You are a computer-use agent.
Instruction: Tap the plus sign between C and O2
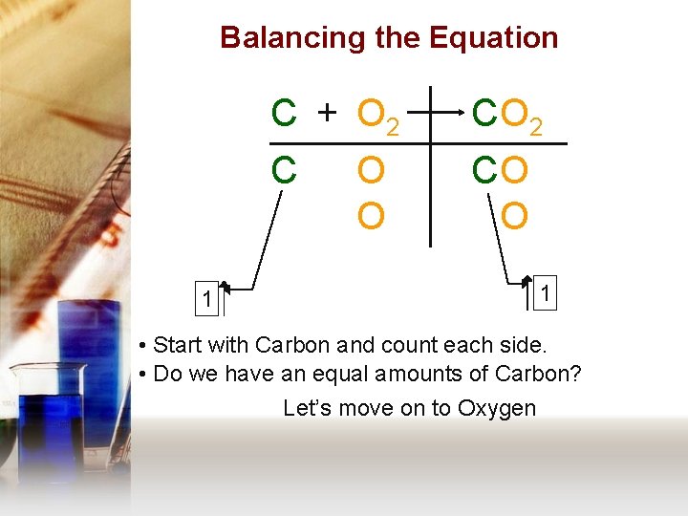coord(327,114)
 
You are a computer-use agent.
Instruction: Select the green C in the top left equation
coord(283,114)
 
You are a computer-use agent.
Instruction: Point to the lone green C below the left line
coord(283,171)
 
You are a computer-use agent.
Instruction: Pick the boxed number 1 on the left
coord(206,300)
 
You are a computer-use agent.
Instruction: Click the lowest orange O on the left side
coord(371,217)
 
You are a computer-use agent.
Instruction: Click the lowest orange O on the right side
coord(514,217)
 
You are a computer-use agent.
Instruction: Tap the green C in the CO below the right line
coord(485,171)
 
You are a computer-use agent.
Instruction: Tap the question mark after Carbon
coord(574,374)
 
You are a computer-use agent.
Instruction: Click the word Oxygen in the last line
coord(497,408)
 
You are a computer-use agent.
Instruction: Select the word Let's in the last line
coord(307,408)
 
